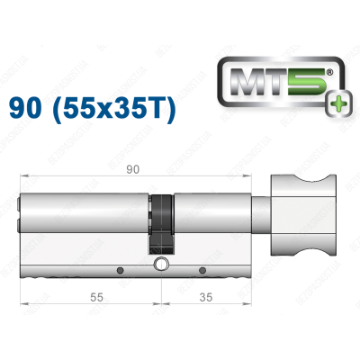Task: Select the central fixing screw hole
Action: coord(161,265)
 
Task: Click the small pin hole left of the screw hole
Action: coord(120,269)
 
